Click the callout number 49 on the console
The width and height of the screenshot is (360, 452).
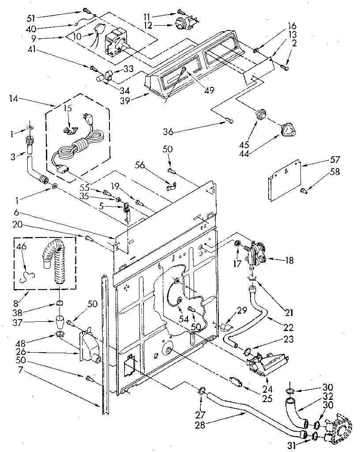pos(209,90)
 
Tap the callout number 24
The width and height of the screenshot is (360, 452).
pos(267,390)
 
